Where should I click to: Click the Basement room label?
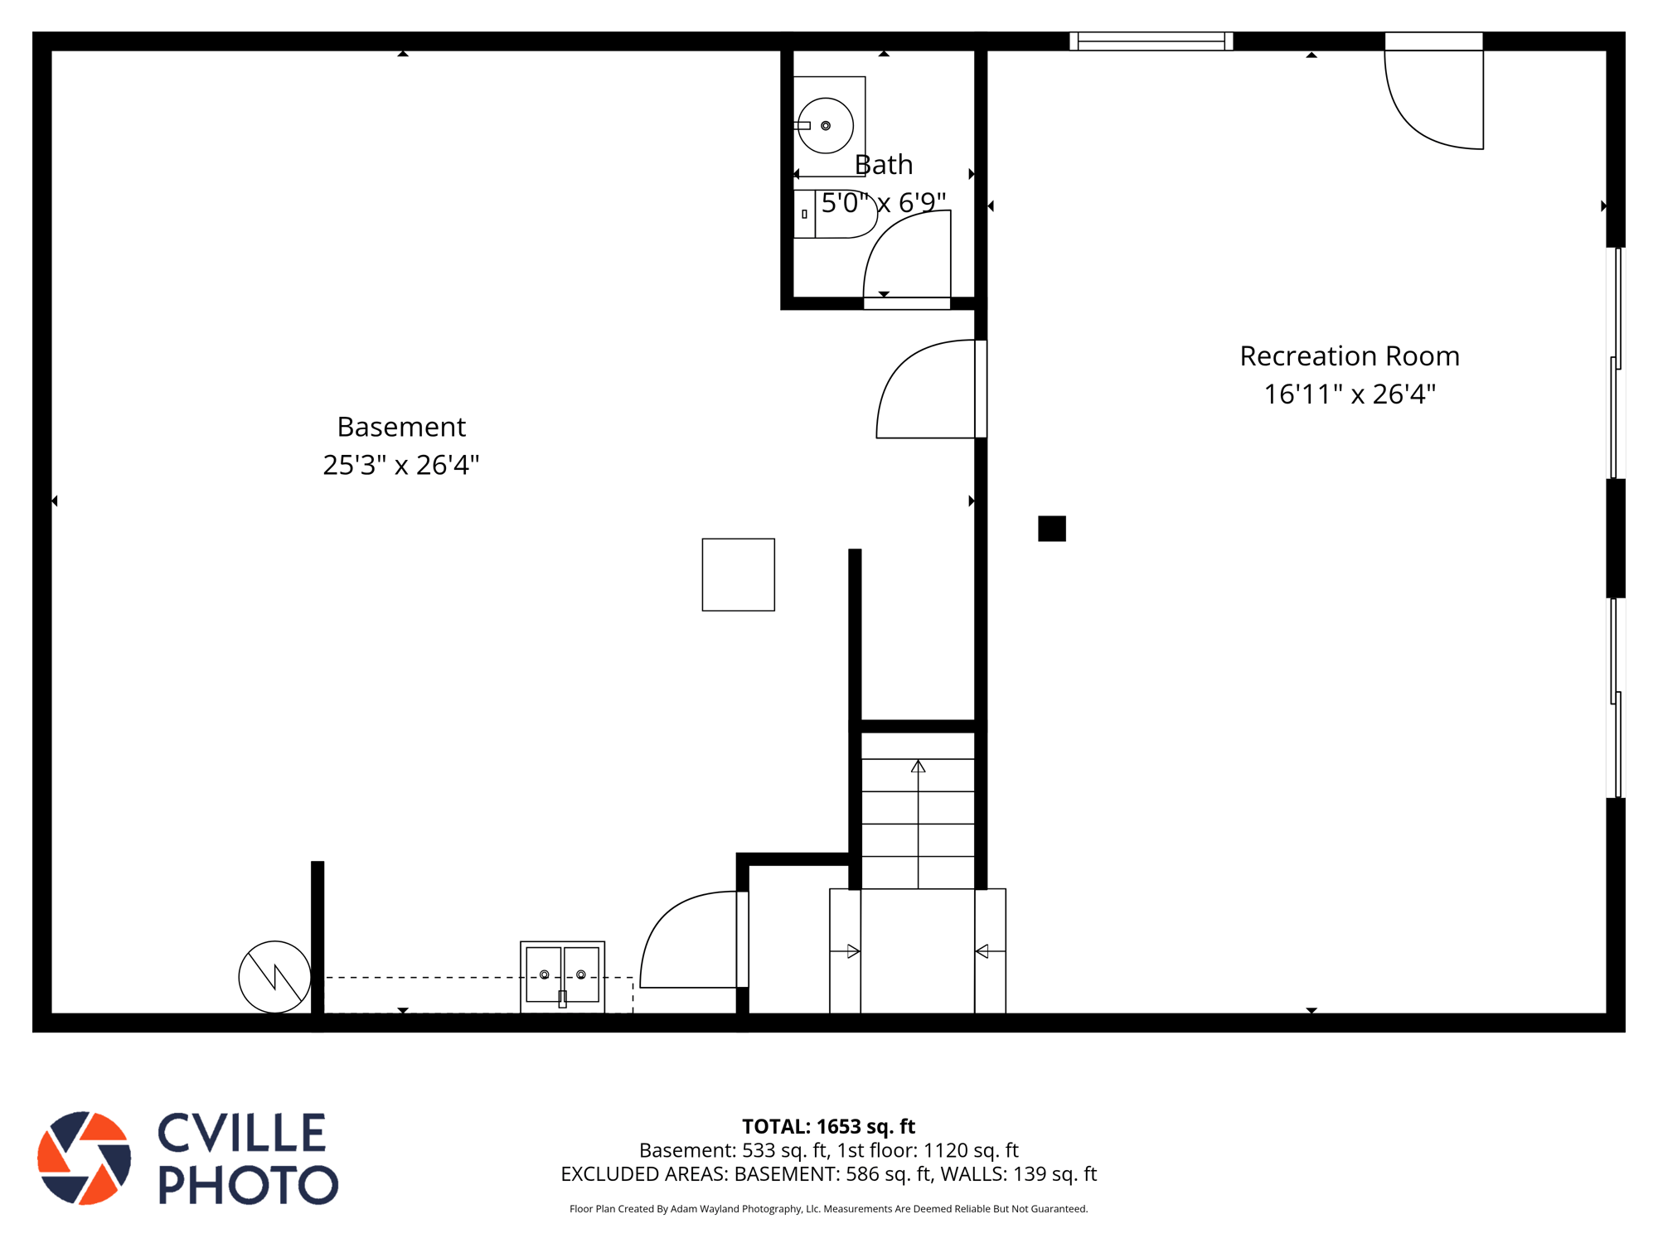click(x=401, y=427)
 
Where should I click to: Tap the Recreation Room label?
click(x=1350, y=356)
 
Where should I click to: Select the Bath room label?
click(x=884, y=165)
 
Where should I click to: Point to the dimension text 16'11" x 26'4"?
click(x=1350, y=394)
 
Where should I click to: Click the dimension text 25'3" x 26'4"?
click(x=401, y=465)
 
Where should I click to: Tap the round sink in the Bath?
click(x=826, y=126)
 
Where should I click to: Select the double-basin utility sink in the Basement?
click(x=562, y=977)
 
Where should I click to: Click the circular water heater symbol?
click(x=275, y=977)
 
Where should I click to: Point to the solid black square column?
click(x=1052, y=529)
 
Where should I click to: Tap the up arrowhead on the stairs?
click(x=918, y=767)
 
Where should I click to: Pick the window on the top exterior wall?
click(x=1151, y=41)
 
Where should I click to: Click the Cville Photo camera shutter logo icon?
click(x=85, y=1158)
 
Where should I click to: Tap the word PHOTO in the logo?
click(x=248, y=1184)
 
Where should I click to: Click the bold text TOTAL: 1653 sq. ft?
click(x=828, y=1126)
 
